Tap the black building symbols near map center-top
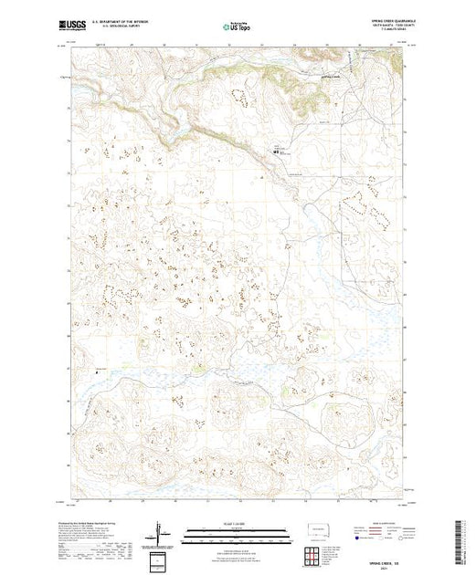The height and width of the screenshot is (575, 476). click(275, 152)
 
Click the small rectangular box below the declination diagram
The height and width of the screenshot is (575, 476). click(162, 558)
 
